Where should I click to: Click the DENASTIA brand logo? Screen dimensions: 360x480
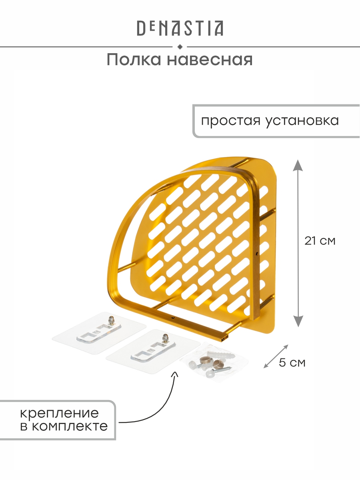tap(180, 28)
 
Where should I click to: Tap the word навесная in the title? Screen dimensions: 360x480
tap(210, 60)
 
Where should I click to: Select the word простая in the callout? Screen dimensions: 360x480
tap(231, 121)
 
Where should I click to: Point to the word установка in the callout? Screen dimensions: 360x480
tap(302, 121)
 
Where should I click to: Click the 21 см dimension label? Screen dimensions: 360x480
tap(320, 241)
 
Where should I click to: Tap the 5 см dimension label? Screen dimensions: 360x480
tap(292, 362)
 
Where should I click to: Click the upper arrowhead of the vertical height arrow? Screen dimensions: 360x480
tap(298, 166)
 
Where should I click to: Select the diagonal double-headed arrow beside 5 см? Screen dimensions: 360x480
tap(276, 357)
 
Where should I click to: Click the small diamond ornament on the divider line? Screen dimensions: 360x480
tap(180, 47)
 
